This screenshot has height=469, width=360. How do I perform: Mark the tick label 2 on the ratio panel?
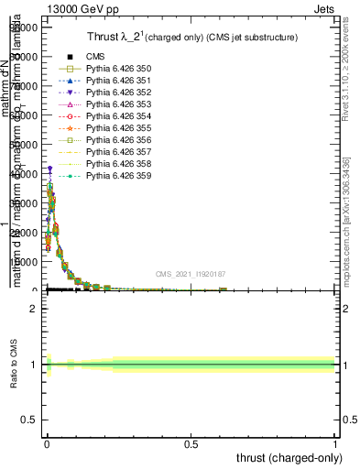[33, 309]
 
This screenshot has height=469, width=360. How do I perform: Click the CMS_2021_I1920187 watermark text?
[191, 274]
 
